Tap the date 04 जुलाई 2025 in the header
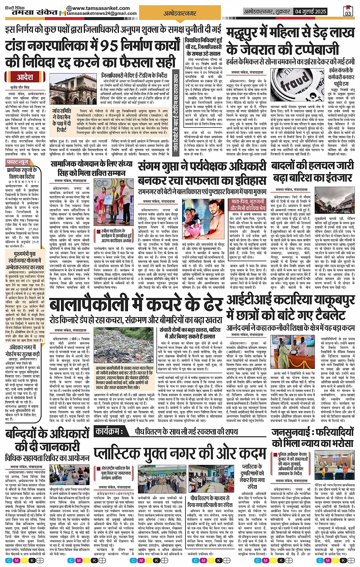(310, 11)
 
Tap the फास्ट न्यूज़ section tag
(18, 162)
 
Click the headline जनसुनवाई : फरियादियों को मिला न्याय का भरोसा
(313, 438)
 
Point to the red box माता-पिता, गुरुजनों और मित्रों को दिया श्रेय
(246, 205)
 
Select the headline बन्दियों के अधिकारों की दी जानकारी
(48, 440)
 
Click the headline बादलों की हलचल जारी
(313, 166)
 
